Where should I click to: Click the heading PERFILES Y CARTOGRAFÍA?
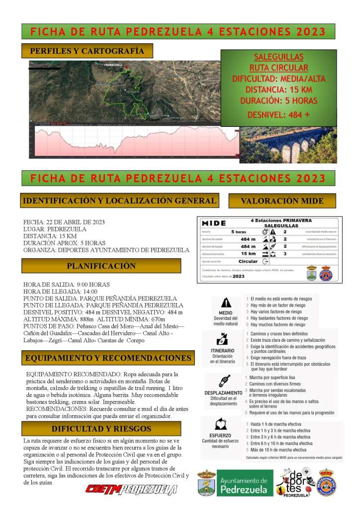coord(87,51)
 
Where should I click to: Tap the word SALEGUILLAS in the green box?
coord(278,57)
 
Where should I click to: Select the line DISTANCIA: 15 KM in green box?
coord(278,90)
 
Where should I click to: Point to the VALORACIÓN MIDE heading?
coord(282,201)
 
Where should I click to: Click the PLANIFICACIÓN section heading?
coord(101,266)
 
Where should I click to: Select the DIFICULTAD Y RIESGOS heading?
coord(101,428)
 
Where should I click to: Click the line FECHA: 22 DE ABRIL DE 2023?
coord(64,222)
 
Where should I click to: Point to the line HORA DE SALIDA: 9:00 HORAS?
coord(67,285)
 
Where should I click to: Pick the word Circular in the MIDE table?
coord(248,261)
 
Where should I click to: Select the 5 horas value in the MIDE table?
coord(239,232)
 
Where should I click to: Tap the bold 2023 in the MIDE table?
coord(239,276)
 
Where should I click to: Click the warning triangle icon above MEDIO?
coord(226,302)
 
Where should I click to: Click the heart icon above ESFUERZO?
coord(220,424)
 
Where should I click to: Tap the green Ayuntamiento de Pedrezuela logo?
coord(245,483)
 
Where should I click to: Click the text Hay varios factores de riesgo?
coord(276,311)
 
